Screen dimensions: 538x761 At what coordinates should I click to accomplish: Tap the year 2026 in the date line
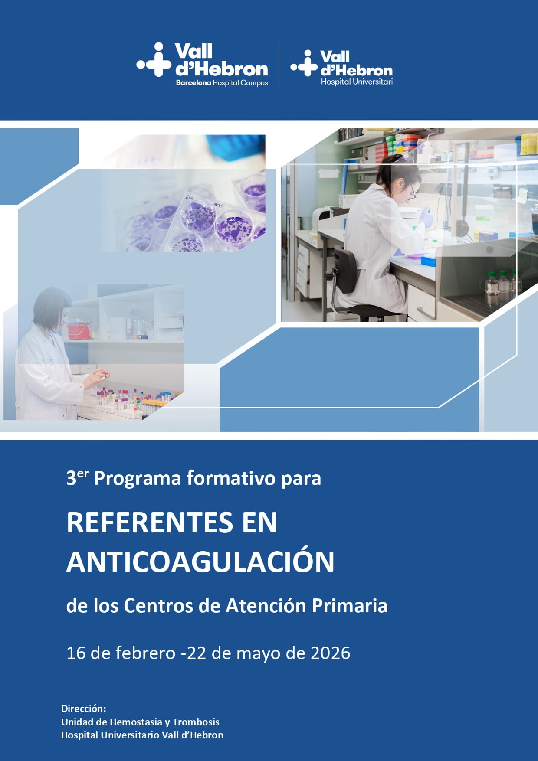point(331,653)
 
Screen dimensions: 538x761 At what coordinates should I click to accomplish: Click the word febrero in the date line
point(146,653)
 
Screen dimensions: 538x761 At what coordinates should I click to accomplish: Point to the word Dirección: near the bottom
point(84,709)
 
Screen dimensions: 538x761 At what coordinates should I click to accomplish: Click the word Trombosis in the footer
point(196,722)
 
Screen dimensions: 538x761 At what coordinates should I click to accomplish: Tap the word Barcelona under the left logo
point(194,82)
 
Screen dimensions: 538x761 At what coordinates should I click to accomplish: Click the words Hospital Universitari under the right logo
point(357,82)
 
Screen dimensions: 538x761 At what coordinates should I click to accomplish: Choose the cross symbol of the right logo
point(305,63)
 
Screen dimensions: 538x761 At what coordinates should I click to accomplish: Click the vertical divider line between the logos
point(279,64)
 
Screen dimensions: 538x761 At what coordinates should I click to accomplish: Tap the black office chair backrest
point(346,269)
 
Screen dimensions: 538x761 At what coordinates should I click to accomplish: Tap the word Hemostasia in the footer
point(136,722)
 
